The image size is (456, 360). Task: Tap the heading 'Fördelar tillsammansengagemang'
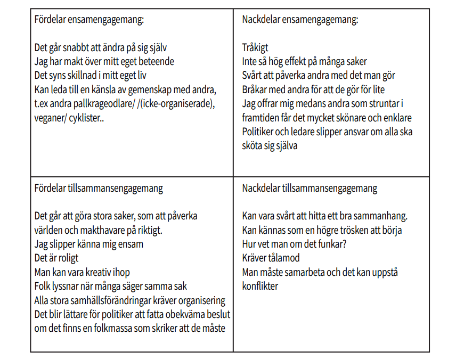[99, 188]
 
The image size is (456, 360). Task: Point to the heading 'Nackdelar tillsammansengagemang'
[310, 188]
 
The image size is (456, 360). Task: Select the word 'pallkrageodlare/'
[106, 103]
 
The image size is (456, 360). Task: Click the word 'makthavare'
[95, 230]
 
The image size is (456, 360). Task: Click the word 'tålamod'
[285, 258]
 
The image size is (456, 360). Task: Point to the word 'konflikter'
[260, 285]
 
